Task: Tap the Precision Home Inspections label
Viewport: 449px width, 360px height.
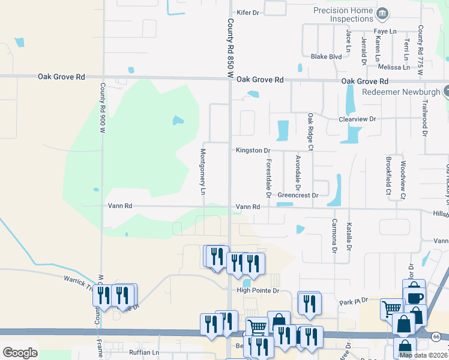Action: (343, 14)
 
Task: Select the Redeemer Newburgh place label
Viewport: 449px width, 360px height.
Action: (400, 92)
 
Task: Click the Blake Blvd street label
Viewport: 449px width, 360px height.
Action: (326, 57)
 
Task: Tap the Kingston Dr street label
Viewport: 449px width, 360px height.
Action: (253, 150)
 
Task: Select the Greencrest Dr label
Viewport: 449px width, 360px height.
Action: (298, 195)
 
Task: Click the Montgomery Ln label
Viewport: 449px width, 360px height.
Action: (203, 172)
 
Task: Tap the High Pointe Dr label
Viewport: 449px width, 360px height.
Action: (258, 290)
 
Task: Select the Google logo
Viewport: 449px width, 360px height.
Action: (20, 352)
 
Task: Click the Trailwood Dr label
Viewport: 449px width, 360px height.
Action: (424, 118)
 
